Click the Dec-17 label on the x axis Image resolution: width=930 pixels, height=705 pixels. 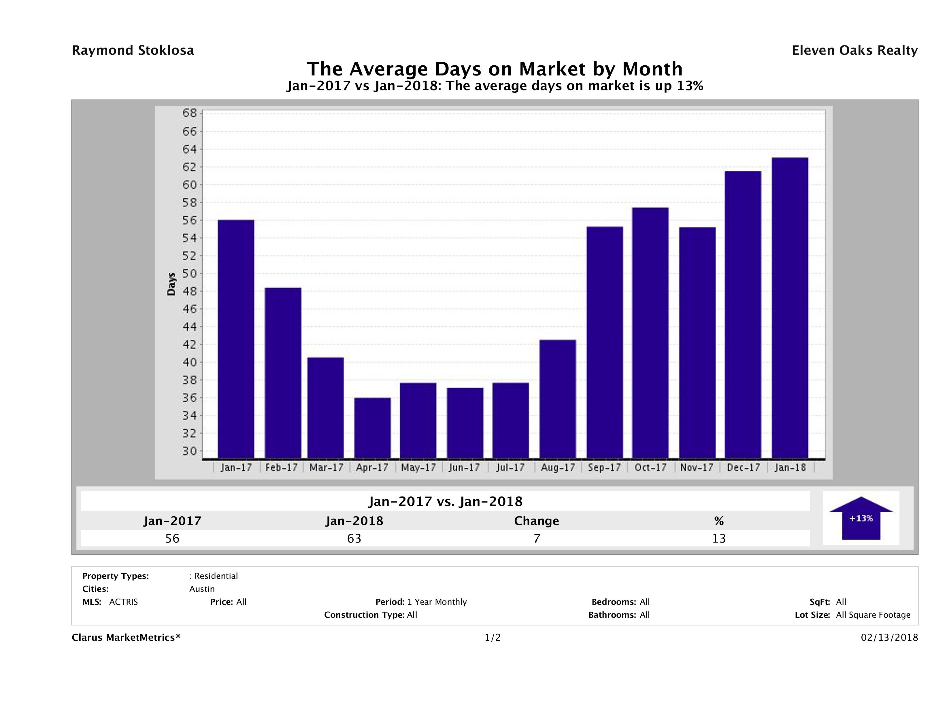coord(743,468)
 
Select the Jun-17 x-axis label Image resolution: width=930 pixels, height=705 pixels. coord(464,468)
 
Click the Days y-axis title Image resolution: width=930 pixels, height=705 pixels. coord(171,285)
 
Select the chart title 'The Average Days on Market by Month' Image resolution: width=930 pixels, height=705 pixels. coord(495,69)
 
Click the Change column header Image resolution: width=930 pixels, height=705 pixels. coord(537,521)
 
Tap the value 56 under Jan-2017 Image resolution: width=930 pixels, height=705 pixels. coord(172,539)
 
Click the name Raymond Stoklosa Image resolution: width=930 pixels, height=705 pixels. coord(133,50)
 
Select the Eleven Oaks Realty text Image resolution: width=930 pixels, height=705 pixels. coord(854,50)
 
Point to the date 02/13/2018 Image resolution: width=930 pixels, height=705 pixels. coord(889,638)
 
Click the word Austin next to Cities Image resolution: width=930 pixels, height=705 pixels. coord(202,589)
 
